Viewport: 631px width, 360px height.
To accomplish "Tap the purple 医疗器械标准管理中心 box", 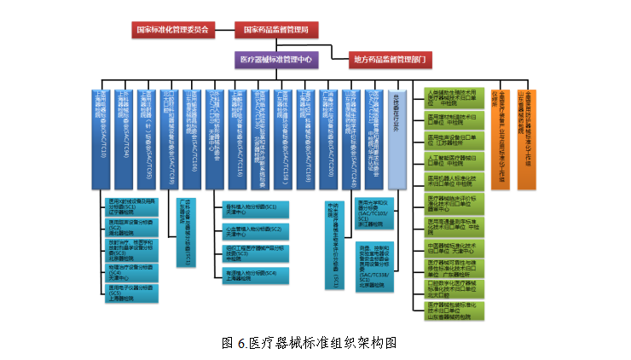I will [x=275, y=60].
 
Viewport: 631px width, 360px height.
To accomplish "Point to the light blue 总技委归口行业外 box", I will [x=397, y=136].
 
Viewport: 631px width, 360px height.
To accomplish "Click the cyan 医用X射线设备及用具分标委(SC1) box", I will [x=128, y=205].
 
